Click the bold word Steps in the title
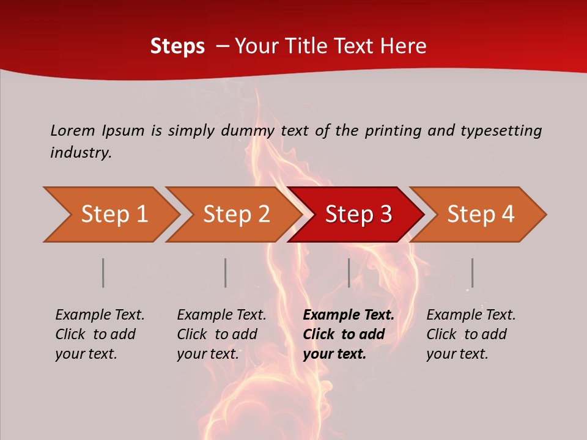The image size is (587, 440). [177, 46]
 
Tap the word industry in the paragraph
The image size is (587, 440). [81, 152]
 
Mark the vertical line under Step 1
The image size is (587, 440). [103, 273]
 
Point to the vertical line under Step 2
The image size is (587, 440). [226, 273]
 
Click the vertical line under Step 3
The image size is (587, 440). [349, 273]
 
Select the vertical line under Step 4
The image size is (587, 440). [472, 273]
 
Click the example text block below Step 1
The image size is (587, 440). [100, 334]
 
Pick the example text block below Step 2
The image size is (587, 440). [221, 334]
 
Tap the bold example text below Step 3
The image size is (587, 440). [349, 334]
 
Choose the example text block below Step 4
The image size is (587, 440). [471, 334]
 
